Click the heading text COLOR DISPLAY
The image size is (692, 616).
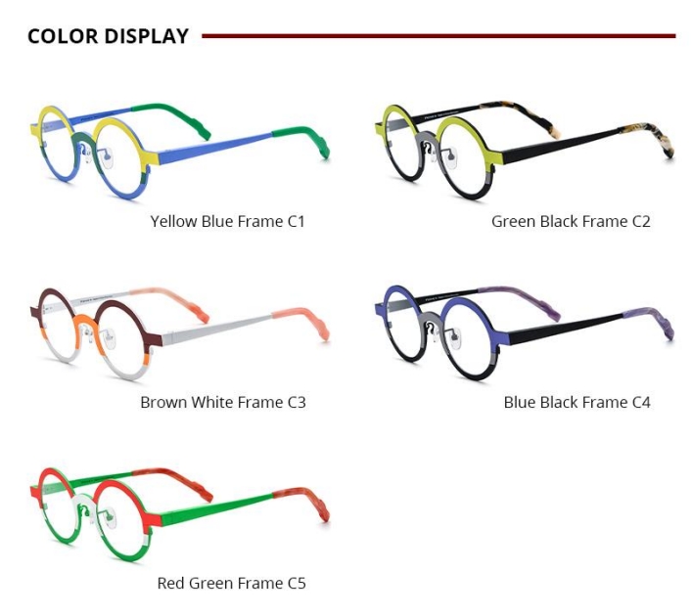point(108,36)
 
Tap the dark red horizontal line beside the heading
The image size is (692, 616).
point(438,36)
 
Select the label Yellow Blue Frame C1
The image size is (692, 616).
point(228,221)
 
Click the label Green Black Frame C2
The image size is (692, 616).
point(571,221)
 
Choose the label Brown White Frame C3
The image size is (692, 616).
point(223,402)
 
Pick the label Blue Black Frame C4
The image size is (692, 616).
point(577,402)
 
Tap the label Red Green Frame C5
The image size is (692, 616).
point(232,583)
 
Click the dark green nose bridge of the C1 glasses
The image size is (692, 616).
point(85,141)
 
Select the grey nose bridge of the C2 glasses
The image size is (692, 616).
point(427,140)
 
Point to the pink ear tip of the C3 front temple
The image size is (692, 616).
point(303,320)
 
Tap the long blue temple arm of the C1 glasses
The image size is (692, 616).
point(215,147)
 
